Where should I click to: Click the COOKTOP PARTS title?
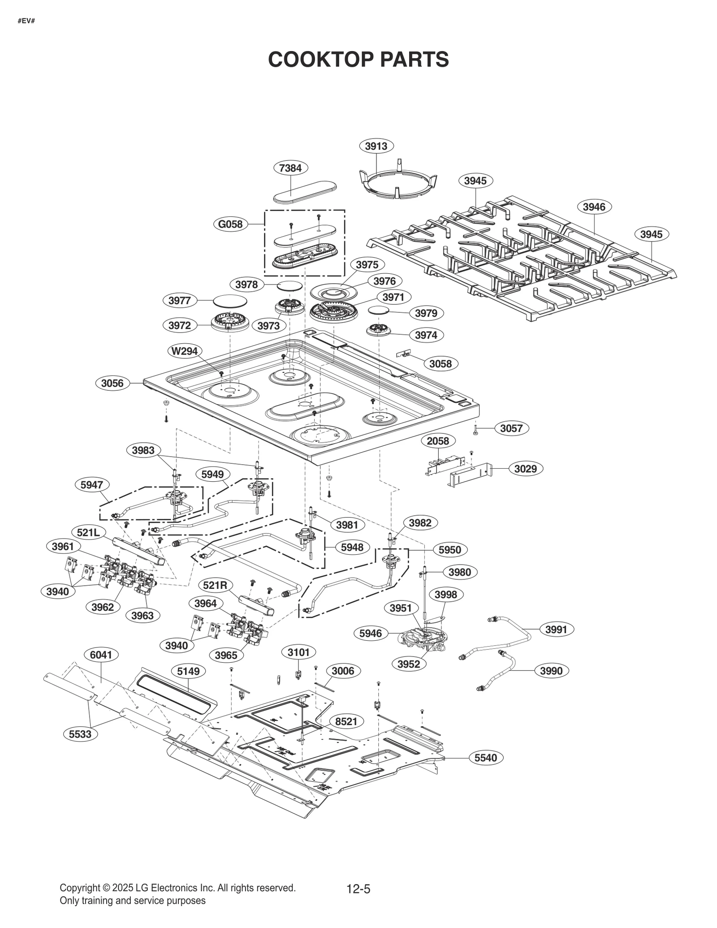(358, 60)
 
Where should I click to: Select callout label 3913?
(376, 146)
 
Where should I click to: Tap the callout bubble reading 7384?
(290, 168)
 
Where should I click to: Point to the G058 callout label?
(230, 224)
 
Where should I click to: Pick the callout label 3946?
(594, 207)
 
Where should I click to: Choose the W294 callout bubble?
(185, 351)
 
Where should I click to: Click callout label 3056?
(112, 383)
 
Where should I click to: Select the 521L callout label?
(88, 533)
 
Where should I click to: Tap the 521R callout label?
(215, 585)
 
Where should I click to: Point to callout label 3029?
(525, 469)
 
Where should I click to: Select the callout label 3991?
(556, 630)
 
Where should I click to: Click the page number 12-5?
(358, 888)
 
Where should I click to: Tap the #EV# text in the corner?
(26, 21)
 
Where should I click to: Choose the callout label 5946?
(370, 633)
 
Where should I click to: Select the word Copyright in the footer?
(79, 888)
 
